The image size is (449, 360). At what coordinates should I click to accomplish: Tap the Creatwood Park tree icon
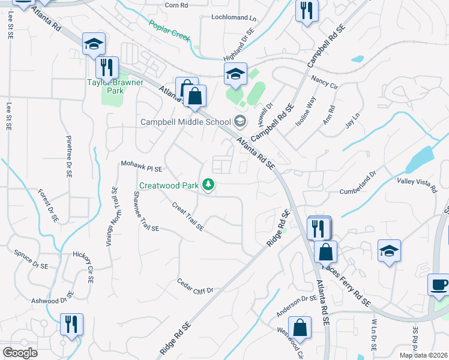click(208, 185)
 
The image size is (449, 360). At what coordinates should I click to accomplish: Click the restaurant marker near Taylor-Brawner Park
click(107, 67)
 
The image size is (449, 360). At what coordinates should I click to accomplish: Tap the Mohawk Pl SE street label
click(142, 166)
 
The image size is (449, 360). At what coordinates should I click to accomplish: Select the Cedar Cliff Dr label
click(196, 286)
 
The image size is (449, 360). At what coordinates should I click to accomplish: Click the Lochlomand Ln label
click(234, 17)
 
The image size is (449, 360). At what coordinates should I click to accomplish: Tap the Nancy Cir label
click(324, 82)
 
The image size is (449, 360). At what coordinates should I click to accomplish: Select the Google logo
click(20, 353)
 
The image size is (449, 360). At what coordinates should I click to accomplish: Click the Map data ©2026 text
click(423, 355)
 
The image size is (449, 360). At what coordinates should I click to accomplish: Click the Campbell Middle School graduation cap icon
click(240, 122)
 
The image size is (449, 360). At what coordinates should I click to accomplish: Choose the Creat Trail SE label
click(188, 217)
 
